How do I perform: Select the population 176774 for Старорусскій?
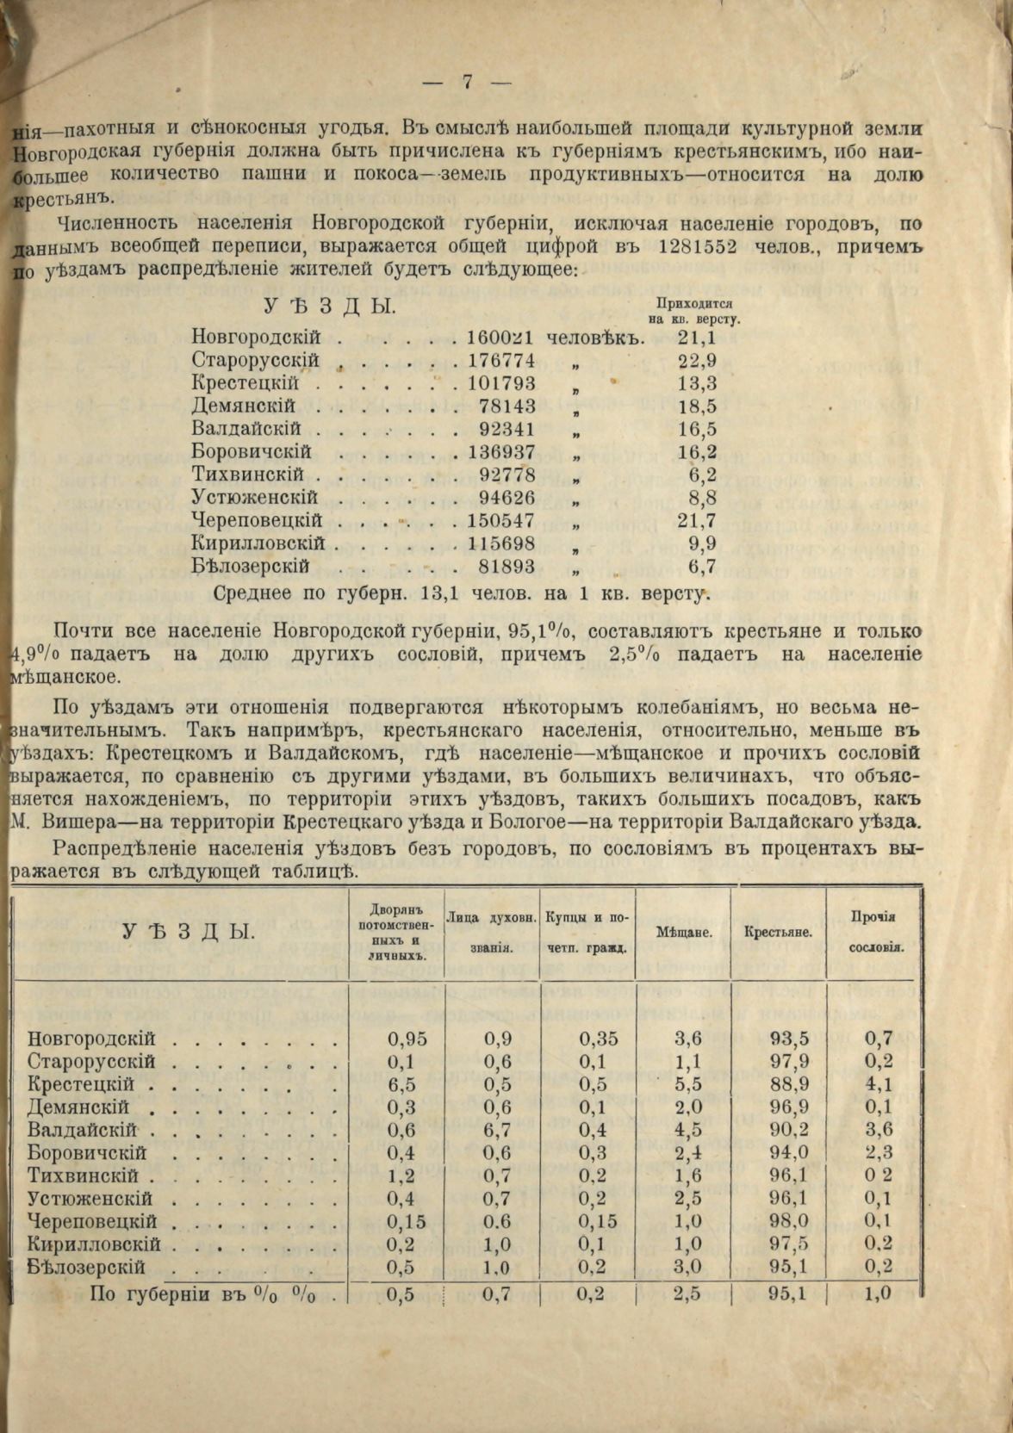[500, 361]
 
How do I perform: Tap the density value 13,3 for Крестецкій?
[697, 383]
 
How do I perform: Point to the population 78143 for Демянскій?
[508, 406]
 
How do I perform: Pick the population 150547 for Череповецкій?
[500, 521]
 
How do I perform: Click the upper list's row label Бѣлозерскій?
[251, 567]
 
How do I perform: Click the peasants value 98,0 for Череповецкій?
[789, 1221]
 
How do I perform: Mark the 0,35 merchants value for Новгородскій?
[599, 1039]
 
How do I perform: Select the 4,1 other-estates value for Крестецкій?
[879, 1084]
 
